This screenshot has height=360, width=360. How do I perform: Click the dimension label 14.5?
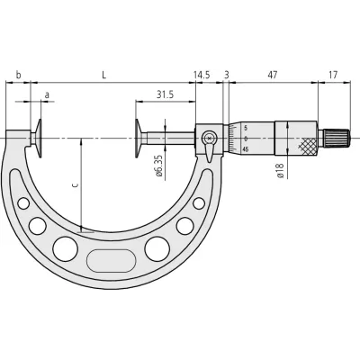coord(202,75)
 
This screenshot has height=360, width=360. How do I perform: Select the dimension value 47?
coord(272,75)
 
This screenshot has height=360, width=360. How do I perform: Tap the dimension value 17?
coord(333,75)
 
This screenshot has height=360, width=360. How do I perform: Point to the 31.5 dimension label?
coord(165,94)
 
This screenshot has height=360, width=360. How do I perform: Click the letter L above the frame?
coord(103,75)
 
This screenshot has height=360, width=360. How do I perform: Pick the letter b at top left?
coord(18,75)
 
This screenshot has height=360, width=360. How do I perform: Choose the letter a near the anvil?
coord(47,95)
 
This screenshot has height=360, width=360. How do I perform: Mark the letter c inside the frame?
coord(76,185)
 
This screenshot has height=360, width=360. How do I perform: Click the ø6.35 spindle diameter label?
coord(159,166)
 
